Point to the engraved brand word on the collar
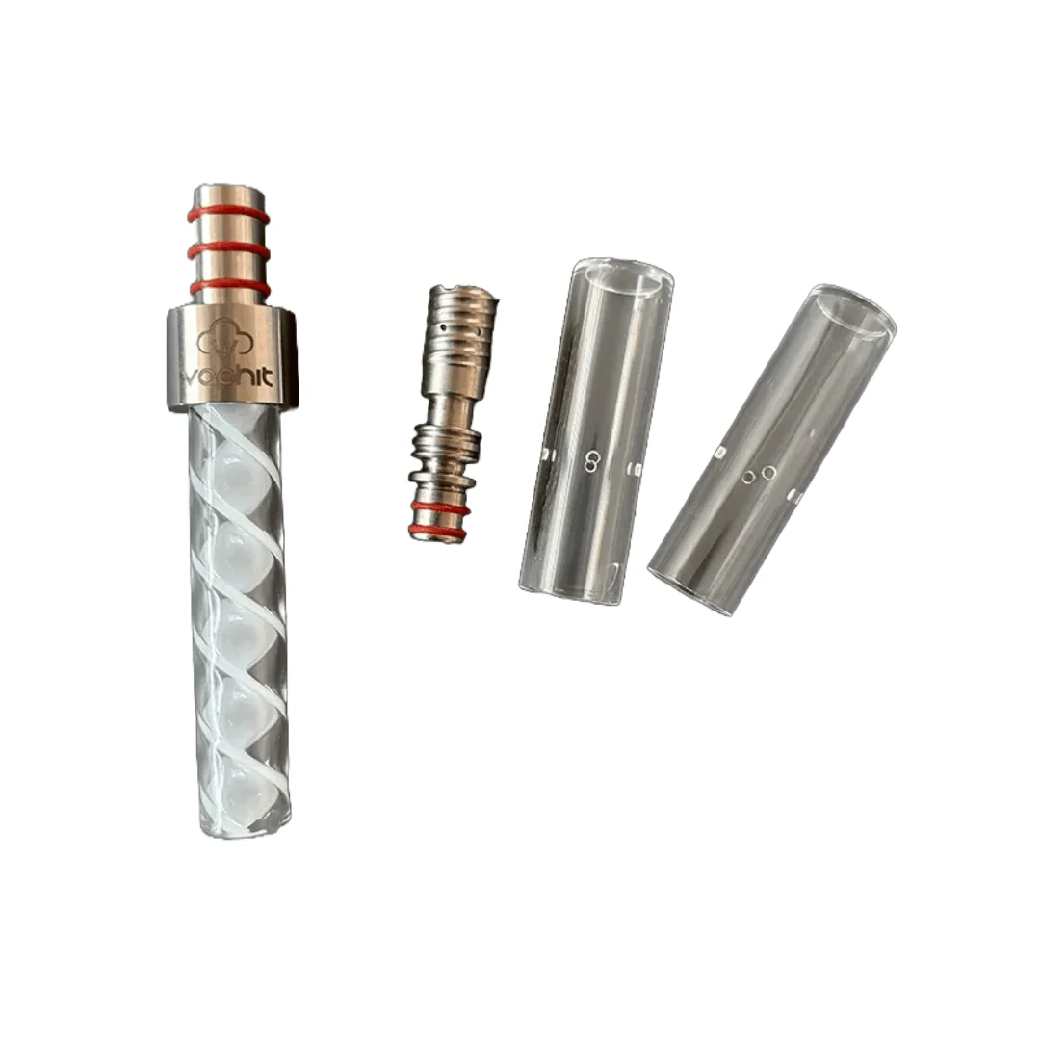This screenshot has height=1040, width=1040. tap(229, 378)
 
